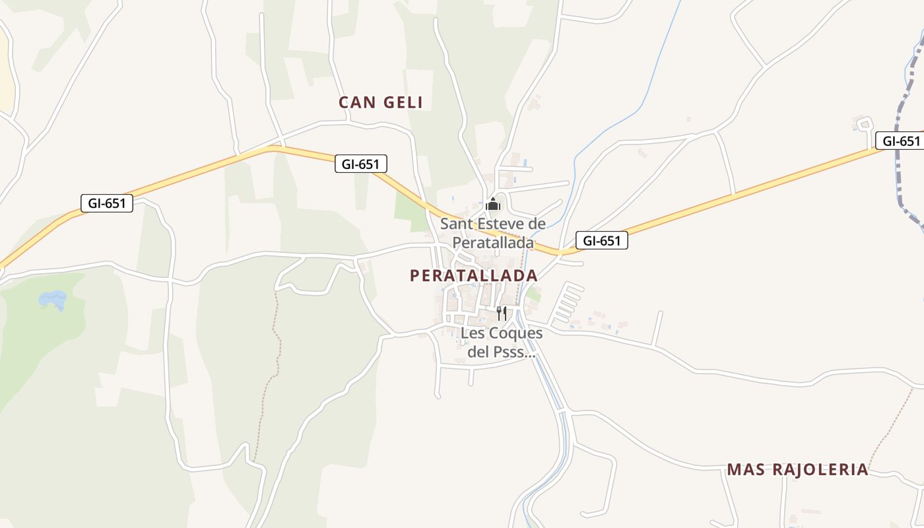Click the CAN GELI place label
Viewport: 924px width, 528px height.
(x=380, y=102)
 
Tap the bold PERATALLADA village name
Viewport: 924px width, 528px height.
(x=473, y=275)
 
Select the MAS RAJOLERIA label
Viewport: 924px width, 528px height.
(x=797, y=470)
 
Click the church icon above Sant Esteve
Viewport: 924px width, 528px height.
(x=492, y=205)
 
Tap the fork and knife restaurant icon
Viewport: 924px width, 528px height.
(x=502, y=313)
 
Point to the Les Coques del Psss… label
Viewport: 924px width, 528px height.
(x=501, y=343)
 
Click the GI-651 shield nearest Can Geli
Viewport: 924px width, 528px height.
(x=360, y=164)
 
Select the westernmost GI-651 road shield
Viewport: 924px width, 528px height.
(x=107, y=203)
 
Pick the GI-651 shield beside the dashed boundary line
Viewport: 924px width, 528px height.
(x=900, y=141)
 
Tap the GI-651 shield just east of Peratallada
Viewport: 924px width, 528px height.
(x=601, y=241)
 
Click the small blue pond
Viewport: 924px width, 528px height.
(x=53, y=300)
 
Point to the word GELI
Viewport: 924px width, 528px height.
(x=401, y=102)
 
